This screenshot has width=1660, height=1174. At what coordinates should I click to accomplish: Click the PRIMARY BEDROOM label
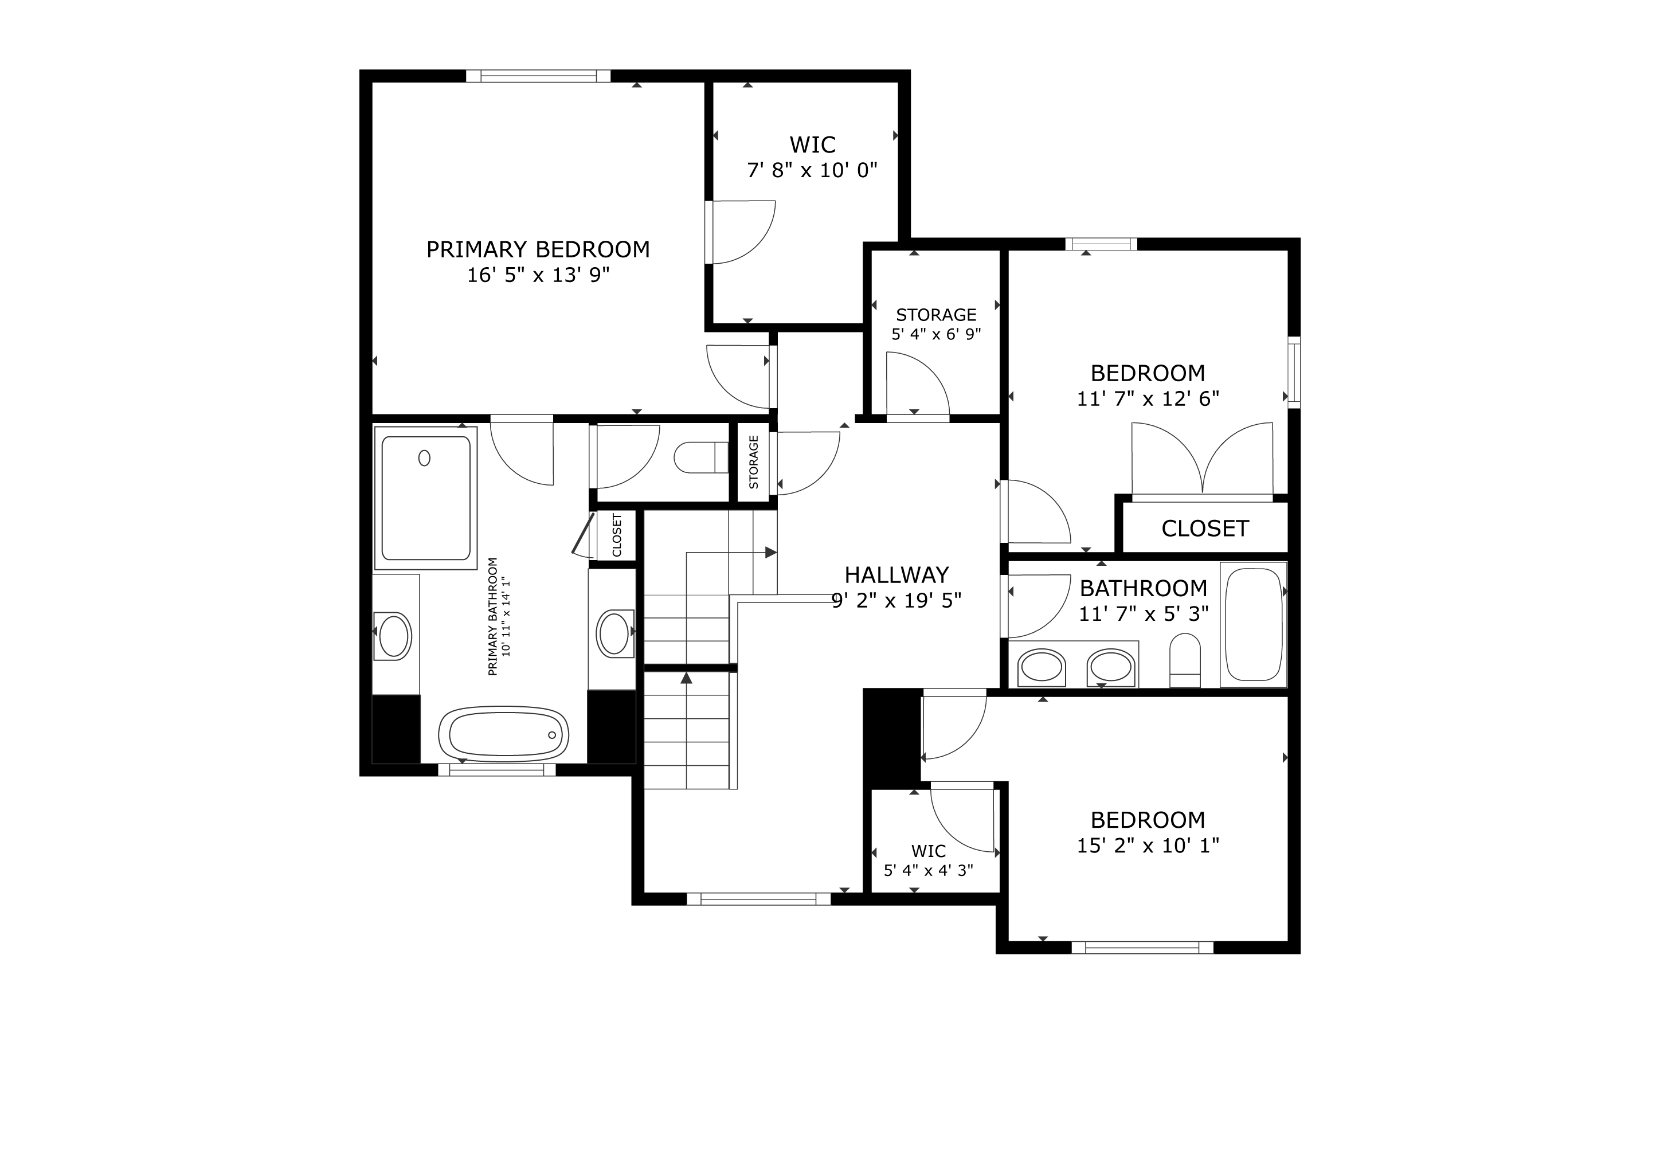538,249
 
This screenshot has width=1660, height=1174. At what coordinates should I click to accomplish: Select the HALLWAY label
896,575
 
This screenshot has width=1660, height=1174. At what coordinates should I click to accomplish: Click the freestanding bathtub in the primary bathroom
504,734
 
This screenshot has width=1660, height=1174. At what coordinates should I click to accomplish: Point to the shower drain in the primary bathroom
424,457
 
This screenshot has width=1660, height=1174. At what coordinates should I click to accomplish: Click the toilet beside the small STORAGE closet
700,457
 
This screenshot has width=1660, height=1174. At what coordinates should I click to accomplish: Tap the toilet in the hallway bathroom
1185,660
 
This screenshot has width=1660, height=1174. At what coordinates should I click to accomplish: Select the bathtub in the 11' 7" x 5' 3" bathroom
1254,625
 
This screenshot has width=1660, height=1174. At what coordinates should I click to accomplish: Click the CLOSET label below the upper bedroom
1205,529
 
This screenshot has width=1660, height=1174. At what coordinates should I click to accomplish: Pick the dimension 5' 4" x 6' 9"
936,335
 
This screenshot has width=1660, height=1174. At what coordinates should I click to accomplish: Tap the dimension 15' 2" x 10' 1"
1148,846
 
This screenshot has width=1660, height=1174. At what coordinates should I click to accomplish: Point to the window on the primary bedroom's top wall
538,76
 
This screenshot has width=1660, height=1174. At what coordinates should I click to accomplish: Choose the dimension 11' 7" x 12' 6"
1148,399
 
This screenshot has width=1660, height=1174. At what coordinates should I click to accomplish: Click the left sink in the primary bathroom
394,635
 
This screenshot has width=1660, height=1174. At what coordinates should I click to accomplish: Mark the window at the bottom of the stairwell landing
758,899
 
